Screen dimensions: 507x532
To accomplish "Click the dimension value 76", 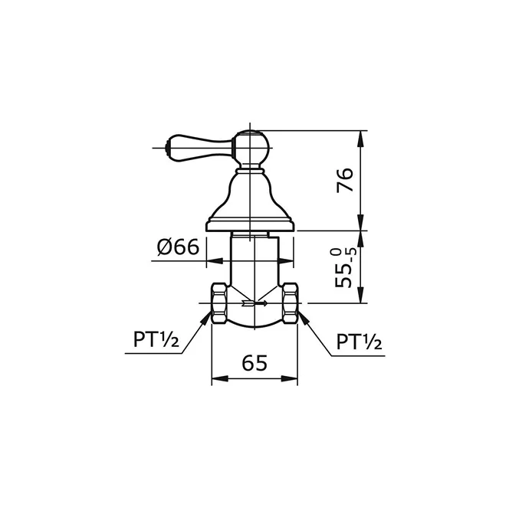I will pos(346,180).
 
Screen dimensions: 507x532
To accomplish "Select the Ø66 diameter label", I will pos(178,247).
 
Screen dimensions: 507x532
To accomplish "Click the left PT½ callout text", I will pos(156,340).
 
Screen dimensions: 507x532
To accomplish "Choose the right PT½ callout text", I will pos(359,342).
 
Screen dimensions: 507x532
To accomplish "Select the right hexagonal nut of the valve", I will pos(290,303).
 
